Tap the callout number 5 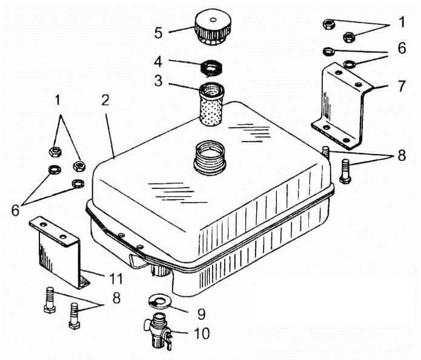(159, 33)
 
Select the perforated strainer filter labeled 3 (211, 104)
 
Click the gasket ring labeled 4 (212, 68)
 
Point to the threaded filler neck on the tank (210, 158)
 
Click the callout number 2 (105, 100)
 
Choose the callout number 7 (402, 86)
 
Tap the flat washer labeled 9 (161, 301)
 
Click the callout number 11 (116, 279)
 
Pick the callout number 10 (202, 333)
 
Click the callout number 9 (201, 314)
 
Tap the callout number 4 (158, 62)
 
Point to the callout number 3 (159, 81)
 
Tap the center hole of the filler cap (213, 19)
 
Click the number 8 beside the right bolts (402, 155)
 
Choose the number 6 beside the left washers (16, 210)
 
